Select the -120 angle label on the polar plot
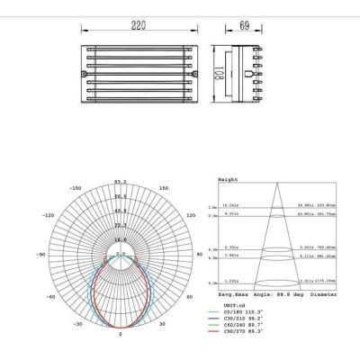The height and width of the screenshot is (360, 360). pos(49,216)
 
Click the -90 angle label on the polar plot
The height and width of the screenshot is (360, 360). pos(40,256)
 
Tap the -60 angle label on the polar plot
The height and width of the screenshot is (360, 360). pos(51,294)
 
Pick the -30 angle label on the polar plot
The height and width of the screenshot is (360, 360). pos(79,322)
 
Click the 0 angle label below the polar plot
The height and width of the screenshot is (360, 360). pos(120,335)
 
